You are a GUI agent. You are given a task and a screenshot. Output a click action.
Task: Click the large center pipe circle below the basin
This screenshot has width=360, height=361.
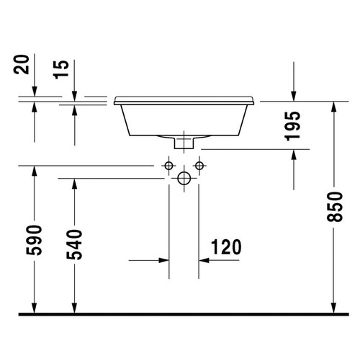click(x=184, y=177)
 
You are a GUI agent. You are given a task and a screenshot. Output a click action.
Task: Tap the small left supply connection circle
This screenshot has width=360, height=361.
click(x=169, y=166)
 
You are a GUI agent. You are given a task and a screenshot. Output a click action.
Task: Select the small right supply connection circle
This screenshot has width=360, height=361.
click(x=198, y=166)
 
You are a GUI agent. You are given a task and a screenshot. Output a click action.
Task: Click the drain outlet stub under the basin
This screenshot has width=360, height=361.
click(x=184, y=143)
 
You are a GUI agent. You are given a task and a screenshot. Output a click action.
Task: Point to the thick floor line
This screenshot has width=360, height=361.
click(x=180, y=315)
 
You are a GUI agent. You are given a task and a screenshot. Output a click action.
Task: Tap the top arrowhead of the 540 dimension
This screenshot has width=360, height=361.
click(x=75, y=184)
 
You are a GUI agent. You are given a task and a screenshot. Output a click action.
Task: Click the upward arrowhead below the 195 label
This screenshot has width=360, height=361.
click(x=293, y=156)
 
